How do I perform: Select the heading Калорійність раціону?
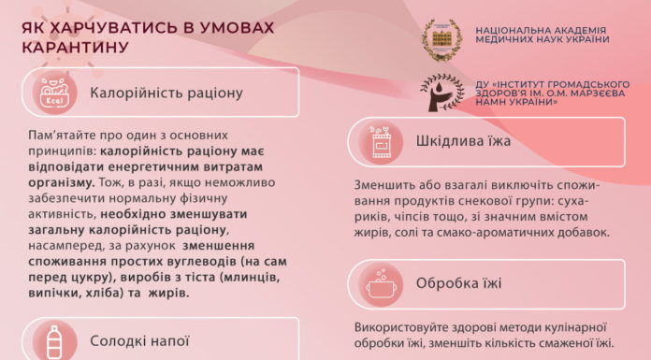(x=166, y=93)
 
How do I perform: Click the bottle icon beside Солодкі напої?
(x=51, y=340)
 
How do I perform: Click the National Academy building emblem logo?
(x=441, y=37)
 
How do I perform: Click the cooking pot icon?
(x=381, y=281)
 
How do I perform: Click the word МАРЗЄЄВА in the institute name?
(x=586, y=92)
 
